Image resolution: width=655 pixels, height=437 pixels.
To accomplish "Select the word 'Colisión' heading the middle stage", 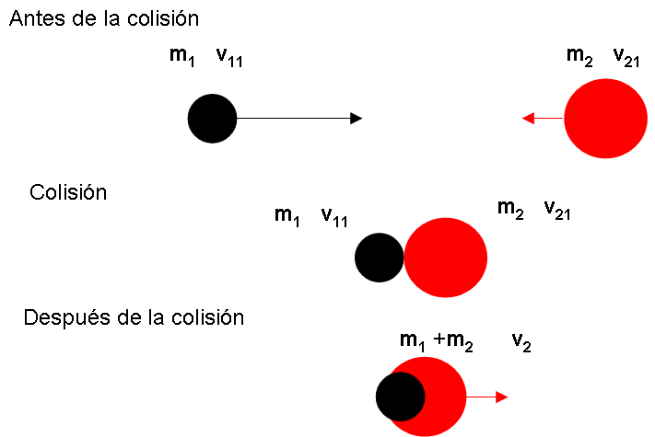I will point(68,193).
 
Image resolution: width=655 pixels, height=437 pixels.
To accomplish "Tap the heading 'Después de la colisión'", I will point(134,318).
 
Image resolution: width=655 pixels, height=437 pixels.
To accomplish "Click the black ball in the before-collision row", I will point(212,118).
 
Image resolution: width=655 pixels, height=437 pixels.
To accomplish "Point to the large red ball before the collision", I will point(603,118).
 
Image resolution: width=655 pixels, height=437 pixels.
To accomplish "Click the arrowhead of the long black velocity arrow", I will point(356,118).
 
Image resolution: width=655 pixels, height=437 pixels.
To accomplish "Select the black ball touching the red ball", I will point(379,258).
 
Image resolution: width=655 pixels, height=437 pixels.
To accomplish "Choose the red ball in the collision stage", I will point(446,258).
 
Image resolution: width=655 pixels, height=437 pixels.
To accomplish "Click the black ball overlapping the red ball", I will point(400,397).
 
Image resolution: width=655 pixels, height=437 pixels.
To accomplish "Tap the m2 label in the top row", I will point(579,56).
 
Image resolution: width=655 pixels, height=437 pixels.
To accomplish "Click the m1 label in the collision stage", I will point(287,216).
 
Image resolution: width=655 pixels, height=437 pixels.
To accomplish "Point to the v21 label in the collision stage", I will point(558,210).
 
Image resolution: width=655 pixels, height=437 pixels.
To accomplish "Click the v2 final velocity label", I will point(521,342).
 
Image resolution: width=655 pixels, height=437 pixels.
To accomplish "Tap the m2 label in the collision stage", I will point(510,210).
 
